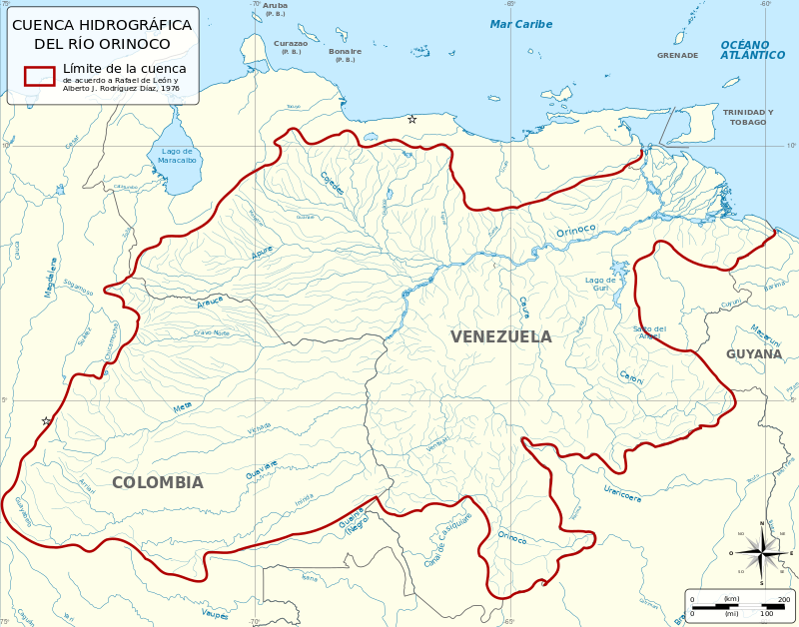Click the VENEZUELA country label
[500, 336]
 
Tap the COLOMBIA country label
[157, 482]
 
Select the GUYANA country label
[754, 353]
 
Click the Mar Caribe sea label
[520, 24]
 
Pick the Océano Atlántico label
[752, 50]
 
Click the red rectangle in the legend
[40, 77]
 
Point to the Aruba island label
[275, 5]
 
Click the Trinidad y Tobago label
[748, 117]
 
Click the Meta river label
[182, 407]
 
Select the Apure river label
[262, 253]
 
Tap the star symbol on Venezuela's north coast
[411, 119]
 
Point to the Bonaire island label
[345, 51]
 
